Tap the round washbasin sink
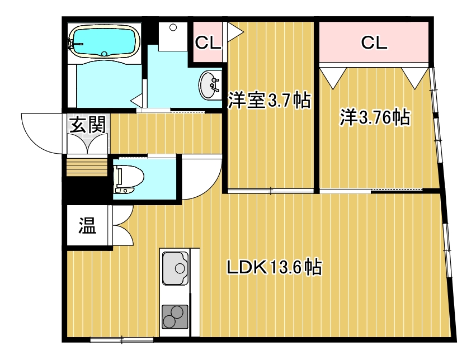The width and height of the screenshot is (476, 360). [209, 86]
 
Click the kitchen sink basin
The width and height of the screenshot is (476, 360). [175, 268]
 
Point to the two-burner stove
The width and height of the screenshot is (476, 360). [175, 316]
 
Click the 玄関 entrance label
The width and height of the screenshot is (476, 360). [87, 124]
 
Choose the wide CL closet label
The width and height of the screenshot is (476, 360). [374, 42]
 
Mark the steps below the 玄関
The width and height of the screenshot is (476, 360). [86, 167]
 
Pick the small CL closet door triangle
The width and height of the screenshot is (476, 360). [234, 31]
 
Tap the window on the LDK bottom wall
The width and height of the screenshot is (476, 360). [121, 339]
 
